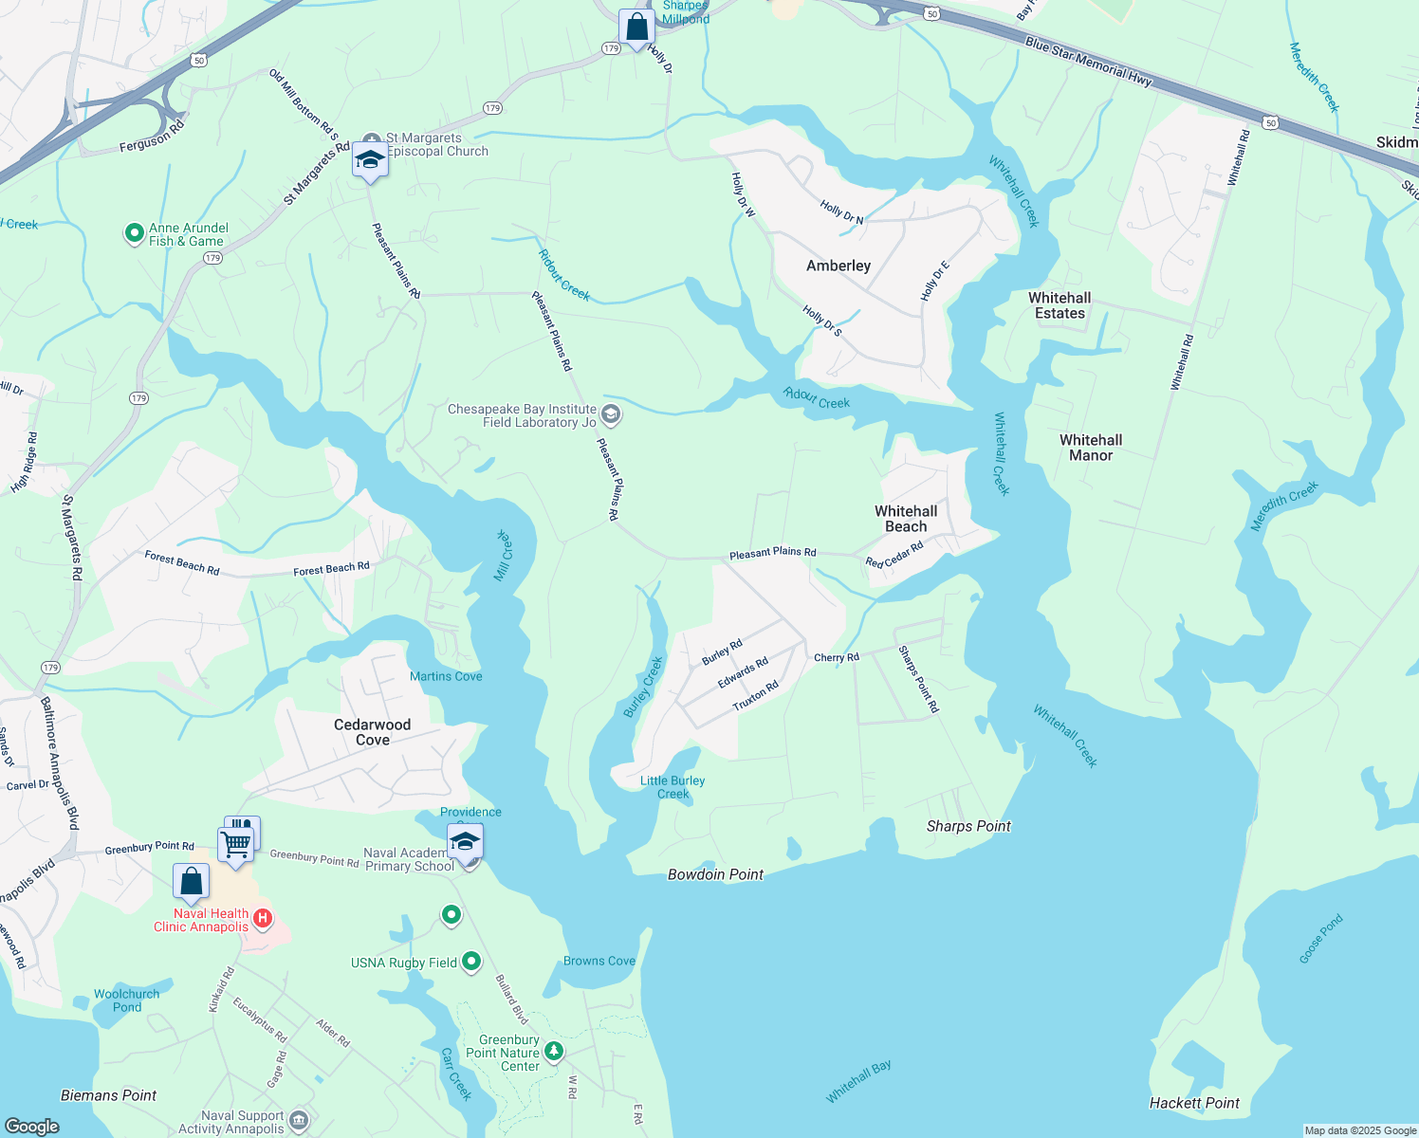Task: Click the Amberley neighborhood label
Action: [x=838, y=266]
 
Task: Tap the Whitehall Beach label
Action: [x=906, y=519]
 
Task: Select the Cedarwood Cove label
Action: [x=372, y=732]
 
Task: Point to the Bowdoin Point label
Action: [x=715, y=874]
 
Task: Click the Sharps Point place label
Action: [x=968, y=826]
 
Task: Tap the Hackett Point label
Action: [x=1194, y=1103]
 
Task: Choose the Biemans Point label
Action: [x=108, y=1095]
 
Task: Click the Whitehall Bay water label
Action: [x=858, y=1082]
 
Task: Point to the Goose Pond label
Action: [x=1320, y=939]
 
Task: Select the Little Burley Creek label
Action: [x=673, y=787]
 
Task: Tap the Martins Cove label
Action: [x=446, y=676]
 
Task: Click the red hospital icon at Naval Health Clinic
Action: [x=263, y=918]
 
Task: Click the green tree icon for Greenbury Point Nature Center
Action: [x=554, y=1051]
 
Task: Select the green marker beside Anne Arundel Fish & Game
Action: [x=135, y=233]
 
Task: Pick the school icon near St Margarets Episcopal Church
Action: [x=370, y=159]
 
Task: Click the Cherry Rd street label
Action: [x=837, y=657]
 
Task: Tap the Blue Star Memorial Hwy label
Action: [x=1088, y=64]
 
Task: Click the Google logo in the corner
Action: [x=31, y=1126]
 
